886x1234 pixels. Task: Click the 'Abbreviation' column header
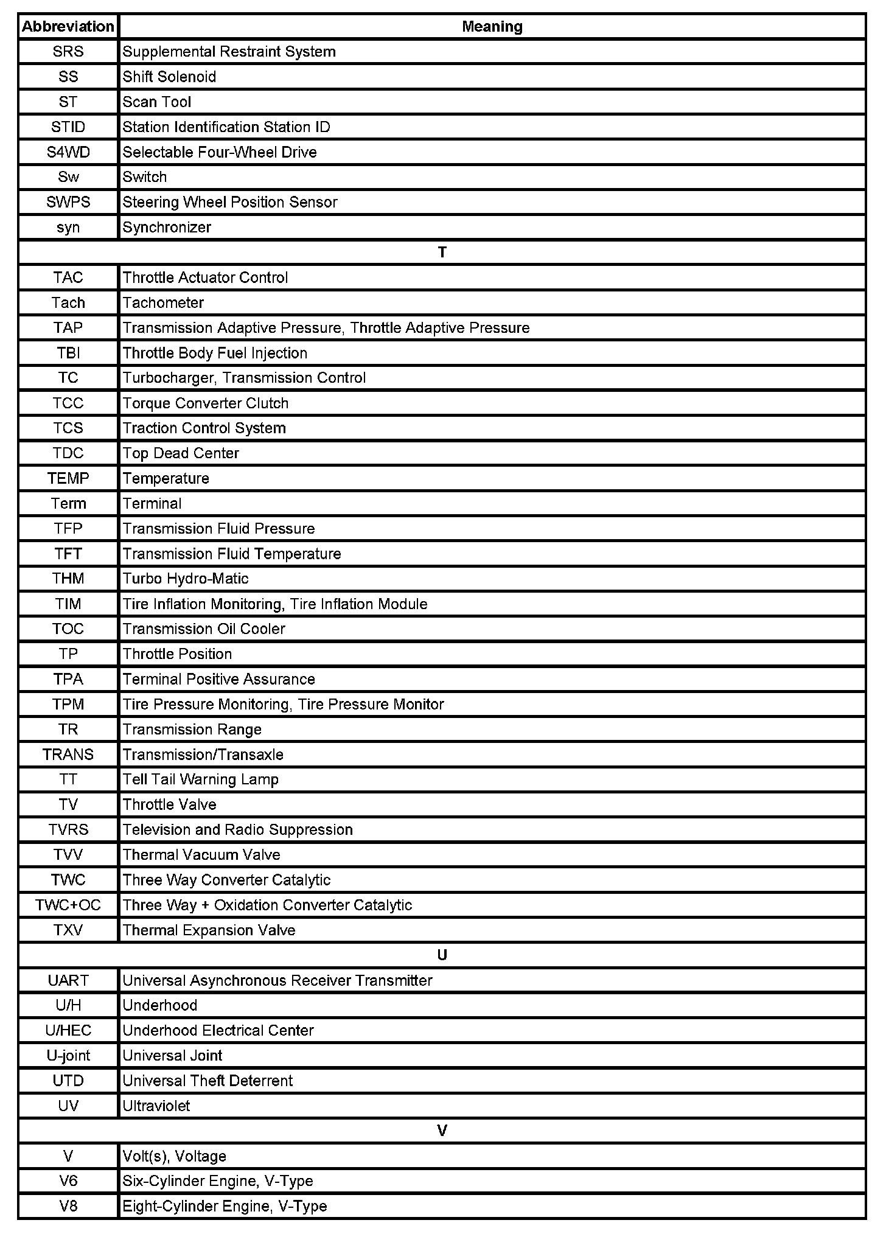tap(68, 27)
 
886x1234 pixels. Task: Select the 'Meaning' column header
tap(492, 27)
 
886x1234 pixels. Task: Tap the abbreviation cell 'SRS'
tap(68, 52)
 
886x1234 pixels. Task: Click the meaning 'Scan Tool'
tap(157, 102)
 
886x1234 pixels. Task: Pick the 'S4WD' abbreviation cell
tap(68, 152)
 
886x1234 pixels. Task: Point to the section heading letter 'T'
tap(442, 253)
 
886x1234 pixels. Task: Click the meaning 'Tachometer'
tap(163, 302)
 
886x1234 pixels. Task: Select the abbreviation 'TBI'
tap(68, 353)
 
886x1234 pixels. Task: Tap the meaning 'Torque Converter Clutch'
tap(206, 403)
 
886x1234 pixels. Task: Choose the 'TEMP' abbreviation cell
tap(68, 478)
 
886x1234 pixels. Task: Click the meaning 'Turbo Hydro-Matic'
tap(186, 579)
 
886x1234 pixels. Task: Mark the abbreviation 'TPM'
tap(68, 704)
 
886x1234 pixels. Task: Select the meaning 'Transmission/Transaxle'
tap(203, 755)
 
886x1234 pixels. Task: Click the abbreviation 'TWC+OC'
tap(68, 905)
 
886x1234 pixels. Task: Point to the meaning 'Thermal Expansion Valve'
tap(209, 930)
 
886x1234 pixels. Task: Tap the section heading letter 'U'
tap(442, 955)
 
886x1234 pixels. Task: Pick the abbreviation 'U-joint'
tap(68, 1056)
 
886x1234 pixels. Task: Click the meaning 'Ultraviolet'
tap(156, 1106)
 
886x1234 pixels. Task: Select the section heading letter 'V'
tap(442, 1131)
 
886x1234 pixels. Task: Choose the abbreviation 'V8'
tap(68, 1206)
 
